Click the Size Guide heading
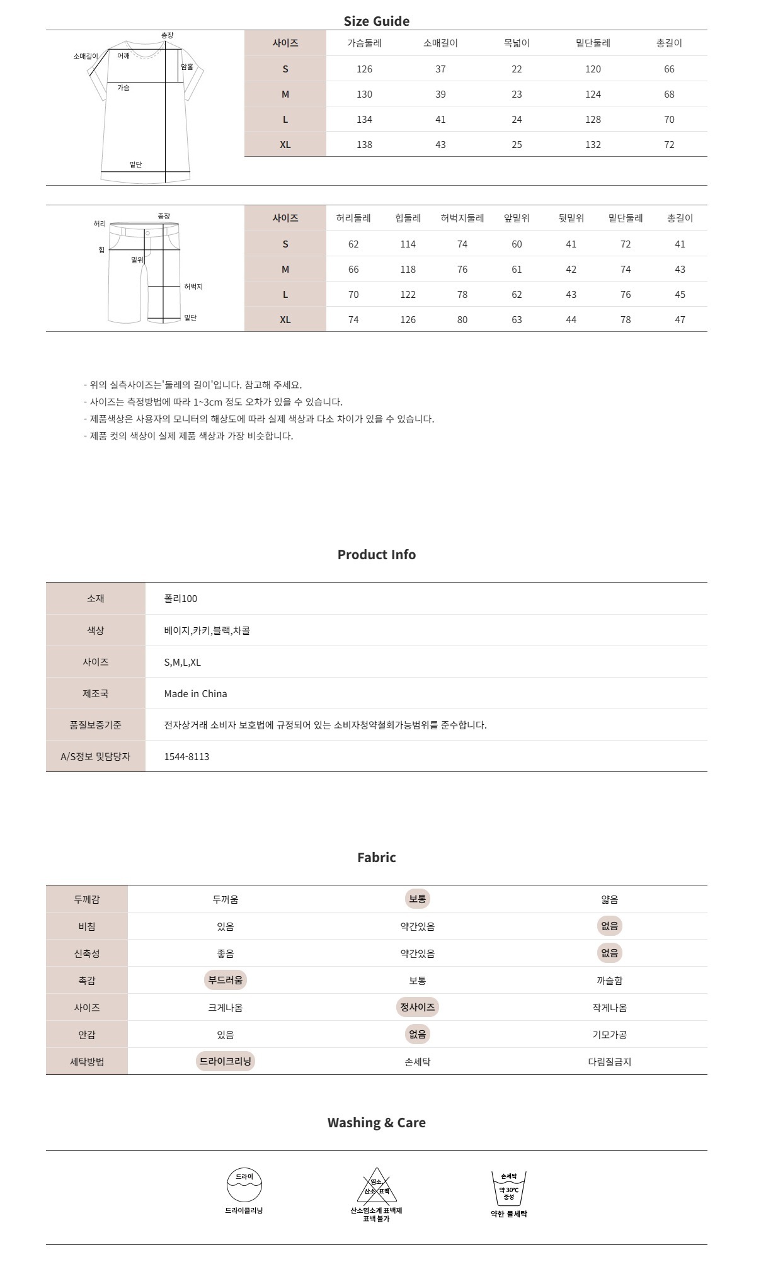tap(376, 21)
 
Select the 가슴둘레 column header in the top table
tap(364, 43)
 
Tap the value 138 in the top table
tap(364, 145)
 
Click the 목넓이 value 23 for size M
tap(517, 94)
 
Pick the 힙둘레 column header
tap(408, 219)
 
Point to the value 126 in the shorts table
tap(408, 320)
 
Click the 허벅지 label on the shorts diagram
tap(193, 287)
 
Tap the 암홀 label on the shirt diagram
tap(187, 67)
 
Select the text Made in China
tap(195, 693)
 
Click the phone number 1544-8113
tap(186, 756)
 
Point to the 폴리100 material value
tap(180, 599)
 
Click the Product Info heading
tap(376, 555)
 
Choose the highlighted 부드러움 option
tap(226, 981)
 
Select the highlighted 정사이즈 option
tap(417, 1008)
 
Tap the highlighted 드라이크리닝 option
tap(226, 1062)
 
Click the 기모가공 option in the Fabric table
tap(609, 1035)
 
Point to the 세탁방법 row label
tap(87, 1062)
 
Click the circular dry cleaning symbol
tap(244, 1185)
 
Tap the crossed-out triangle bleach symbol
tap(377, 1186)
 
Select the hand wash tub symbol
tap(508, 1188)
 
